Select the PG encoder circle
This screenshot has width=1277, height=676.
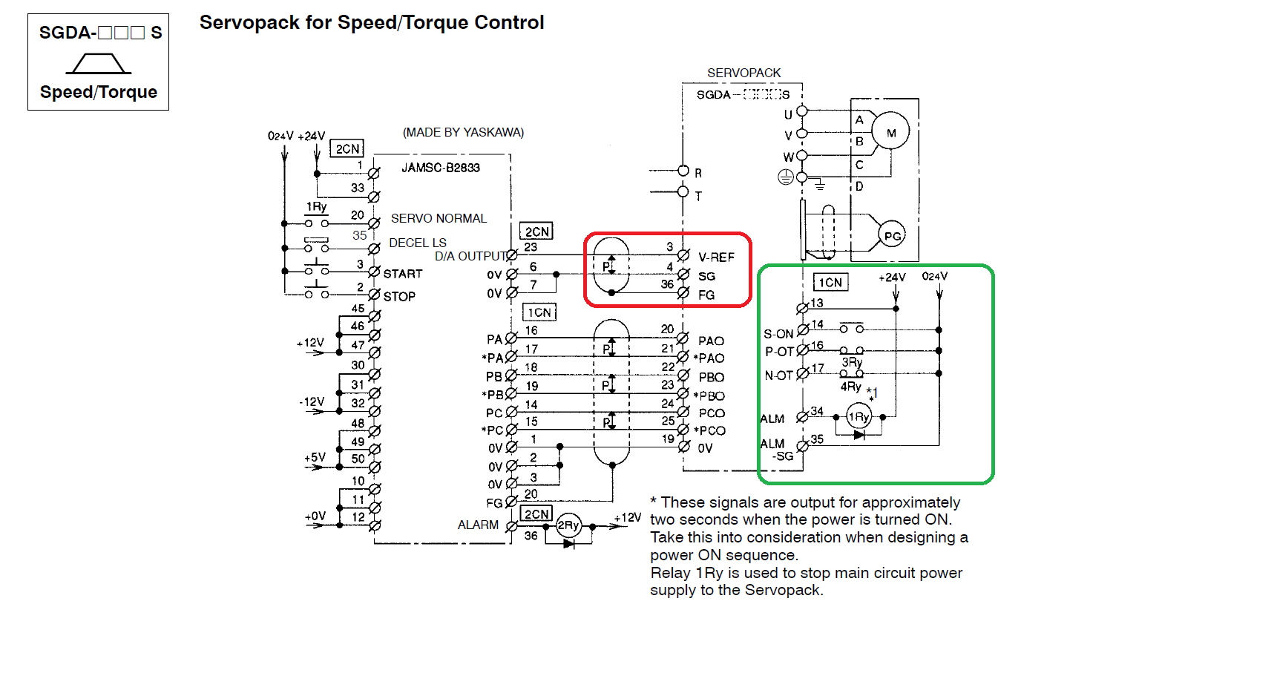[892, 235]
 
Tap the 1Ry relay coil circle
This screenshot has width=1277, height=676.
[859, 416]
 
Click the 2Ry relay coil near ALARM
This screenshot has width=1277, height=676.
[568, 525]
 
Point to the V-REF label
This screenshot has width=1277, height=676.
[716, 257]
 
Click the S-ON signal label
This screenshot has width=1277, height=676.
[778, 334]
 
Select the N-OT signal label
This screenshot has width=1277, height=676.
[778, 375]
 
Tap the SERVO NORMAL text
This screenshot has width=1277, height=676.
[439, 218]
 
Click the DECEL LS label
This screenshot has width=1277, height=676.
[418, 243]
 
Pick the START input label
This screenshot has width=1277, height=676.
[403, 274]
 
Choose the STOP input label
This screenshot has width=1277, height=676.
[399, 296]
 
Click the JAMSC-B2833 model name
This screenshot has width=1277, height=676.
[441, 168]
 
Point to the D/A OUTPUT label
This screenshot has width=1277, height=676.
[470, 256]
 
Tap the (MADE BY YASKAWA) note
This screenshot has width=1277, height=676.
[463, 132]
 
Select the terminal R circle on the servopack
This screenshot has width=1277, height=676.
[683, 171]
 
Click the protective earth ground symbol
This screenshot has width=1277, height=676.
[785, 177]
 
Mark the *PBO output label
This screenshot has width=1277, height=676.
[709, 396]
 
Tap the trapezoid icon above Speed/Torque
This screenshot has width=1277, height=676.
[99, 63]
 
